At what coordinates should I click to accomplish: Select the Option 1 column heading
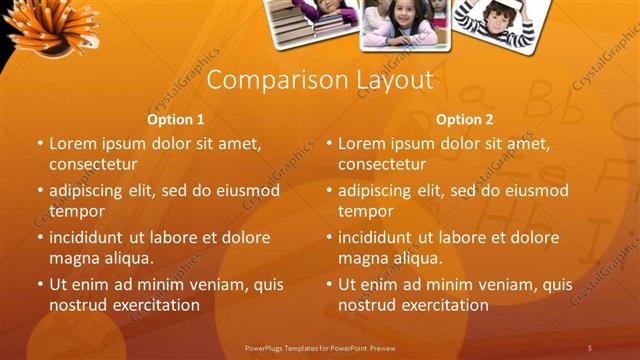coord(176,119)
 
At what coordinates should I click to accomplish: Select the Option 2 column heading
coord(465,119)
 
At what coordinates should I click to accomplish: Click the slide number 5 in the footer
coord(590,347)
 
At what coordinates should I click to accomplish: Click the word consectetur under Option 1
coord(93,164)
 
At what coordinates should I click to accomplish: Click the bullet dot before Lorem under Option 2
coord(329,143)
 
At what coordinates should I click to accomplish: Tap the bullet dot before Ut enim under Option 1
coord(40,284)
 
